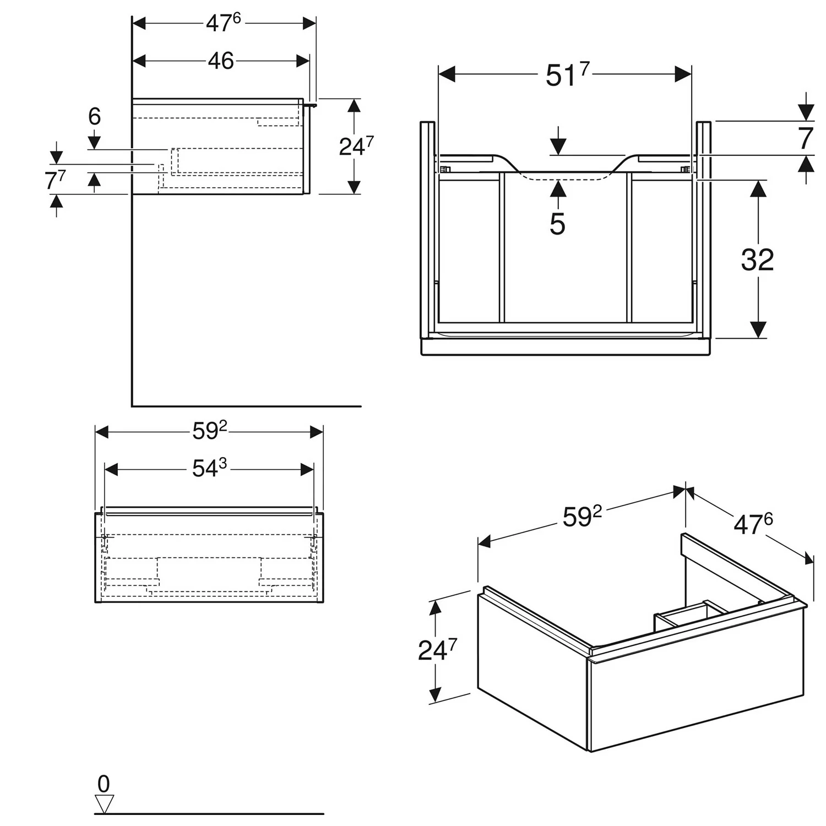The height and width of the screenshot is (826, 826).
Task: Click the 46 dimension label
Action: [x=221, y=61]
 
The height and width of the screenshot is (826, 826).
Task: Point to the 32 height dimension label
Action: [x=757, y=260]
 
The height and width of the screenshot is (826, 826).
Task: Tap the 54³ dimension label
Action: [x=209, y=469]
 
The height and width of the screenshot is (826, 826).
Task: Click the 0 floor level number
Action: [x=104, y=784]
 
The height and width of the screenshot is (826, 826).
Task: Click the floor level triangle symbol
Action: [x=104, y=803]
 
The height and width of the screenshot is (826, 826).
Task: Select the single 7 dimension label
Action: [x=806, y=138]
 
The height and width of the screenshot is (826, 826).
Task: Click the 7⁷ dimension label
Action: [x=55, y=180]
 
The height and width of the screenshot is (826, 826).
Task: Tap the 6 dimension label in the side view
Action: [x=95, y=117]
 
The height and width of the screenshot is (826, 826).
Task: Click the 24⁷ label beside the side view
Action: [x=356, y=146]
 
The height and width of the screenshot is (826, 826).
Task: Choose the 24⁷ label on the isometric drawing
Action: [x=437, y=650]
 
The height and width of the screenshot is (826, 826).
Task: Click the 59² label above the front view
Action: [x=209, y=432]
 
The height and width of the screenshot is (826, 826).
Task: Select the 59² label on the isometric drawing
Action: [x=582, y=517]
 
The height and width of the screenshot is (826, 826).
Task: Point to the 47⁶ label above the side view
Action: [x=223, y=23]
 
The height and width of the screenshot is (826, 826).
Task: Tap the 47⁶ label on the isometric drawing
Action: [x=753, y=524]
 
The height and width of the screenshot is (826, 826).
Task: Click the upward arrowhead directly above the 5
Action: [x=558, y=188]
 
